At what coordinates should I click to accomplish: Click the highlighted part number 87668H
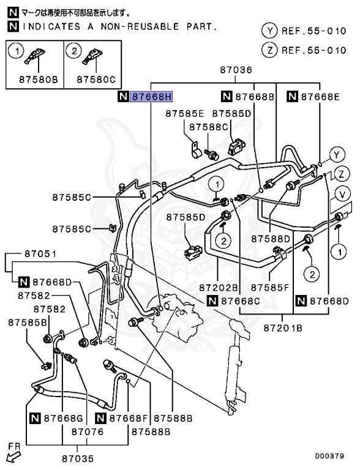152,97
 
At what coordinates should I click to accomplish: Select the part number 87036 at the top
236,71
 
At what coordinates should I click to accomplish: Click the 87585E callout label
185,114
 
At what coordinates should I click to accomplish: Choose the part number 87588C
208,127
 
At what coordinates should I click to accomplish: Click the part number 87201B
283,328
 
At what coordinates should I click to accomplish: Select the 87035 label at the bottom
77,457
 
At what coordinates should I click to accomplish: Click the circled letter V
343,194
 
